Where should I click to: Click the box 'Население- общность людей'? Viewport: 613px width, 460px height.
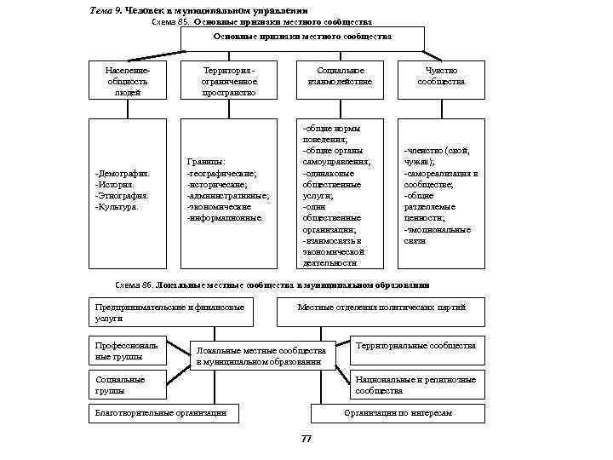[x=124, y=81]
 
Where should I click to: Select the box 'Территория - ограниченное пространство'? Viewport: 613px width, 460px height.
[x=229, y=81]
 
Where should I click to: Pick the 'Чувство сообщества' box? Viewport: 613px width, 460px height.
[x=441, y=76]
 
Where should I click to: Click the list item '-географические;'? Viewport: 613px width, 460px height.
[x=222, y=173]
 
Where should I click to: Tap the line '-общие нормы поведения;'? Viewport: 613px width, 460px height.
[x=332, y=133]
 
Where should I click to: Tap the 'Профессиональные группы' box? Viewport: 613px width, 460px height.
[x=127, y=351]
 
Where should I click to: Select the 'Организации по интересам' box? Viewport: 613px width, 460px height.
[x=398, y=413]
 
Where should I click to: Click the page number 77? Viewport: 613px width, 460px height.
[x=306, y=438]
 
